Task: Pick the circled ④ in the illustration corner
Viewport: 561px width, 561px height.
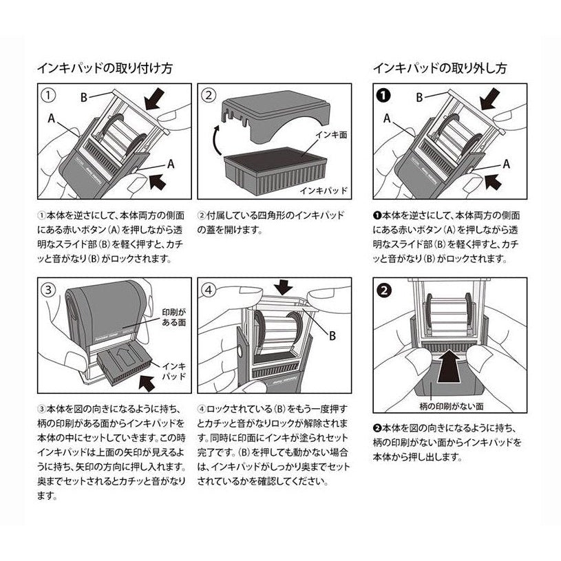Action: [x=211, y=290]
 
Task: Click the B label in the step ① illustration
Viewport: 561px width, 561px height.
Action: [x=83, y=97]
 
